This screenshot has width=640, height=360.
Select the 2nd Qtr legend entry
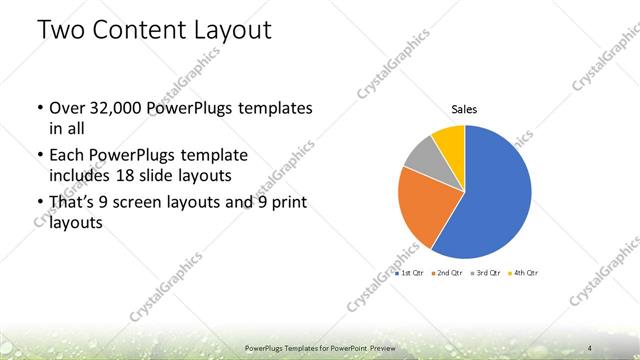coord(446,272)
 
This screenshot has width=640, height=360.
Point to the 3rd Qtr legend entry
coord(485,272)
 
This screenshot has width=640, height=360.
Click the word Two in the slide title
coord(61,31)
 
